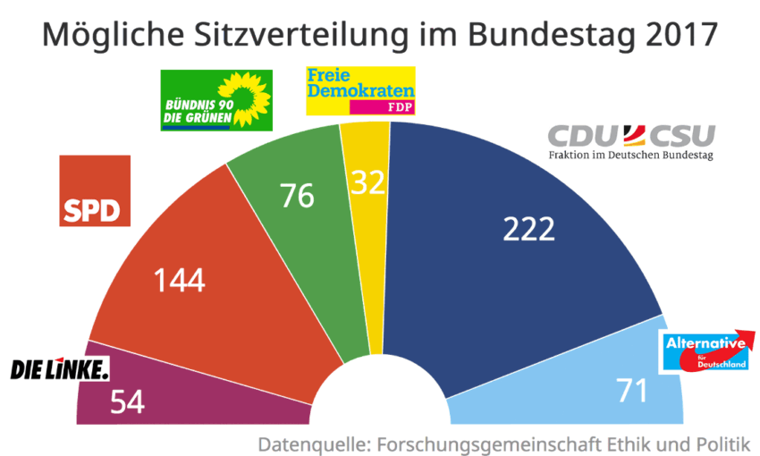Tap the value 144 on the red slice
[x=180, y=280]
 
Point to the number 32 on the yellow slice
[x=367, y=182]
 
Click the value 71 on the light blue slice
[x=632, y=390]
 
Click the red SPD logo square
[x=95, y=191]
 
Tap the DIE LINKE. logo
[x=59, y=367]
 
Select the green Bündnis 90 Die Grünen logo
[x=215, y=99]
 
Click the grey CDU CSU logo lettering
[x=631, y=137]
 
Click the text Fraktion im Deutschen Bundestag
[x=631, y=158]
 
